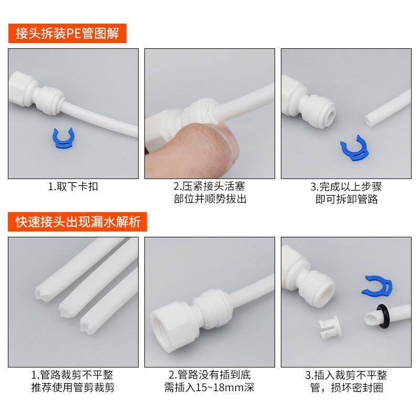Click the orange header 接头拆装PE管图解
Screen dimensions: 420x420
pyautogui.click(x=67, y=34)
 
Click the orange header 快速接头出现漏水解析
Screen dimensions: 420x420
pyautogui.click(x=78, y=222)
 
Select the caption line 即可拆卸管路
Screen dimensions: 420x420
pyautogui.click(x=347, y=199)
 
